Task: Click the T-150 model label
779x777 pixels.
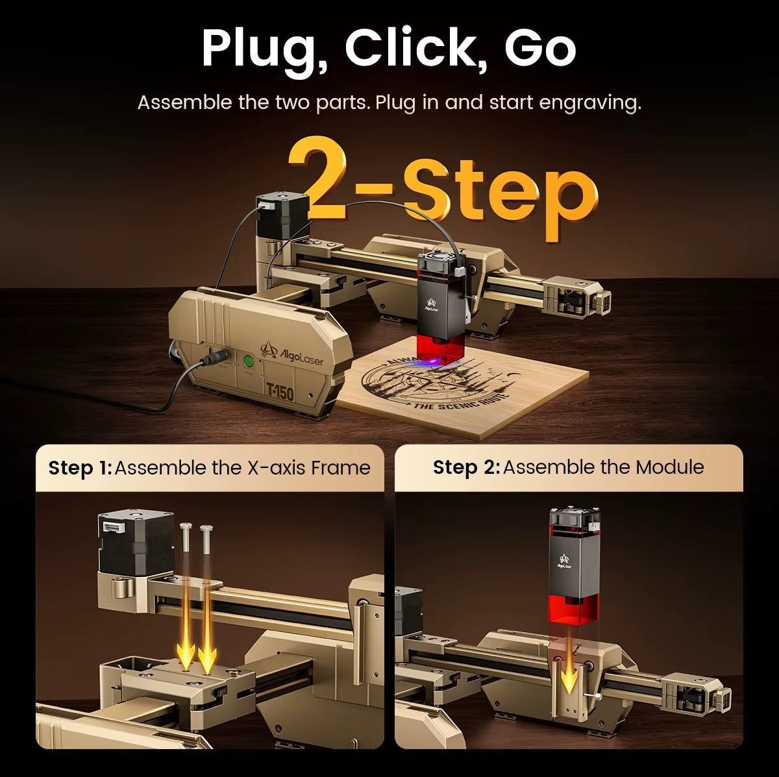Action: [279, 391]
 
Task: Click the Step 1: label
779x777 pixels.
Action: [80, 469]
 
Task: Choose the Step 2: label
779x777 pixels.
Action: [466, 468]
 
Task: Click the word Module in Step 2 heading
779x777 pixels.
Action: [670, 467]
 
